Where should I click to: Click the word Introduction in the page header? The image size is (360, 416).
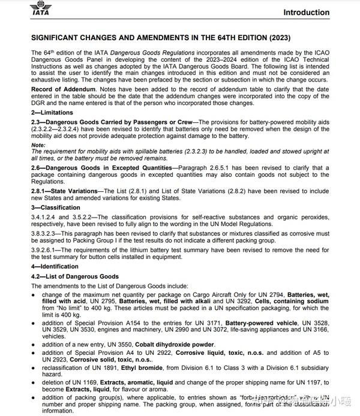coord(306,12)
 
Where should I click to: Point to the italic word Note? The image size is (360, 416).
coord(38,144)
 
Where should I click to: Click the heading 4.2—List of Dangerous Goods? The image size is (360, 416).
coord(75,276)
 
